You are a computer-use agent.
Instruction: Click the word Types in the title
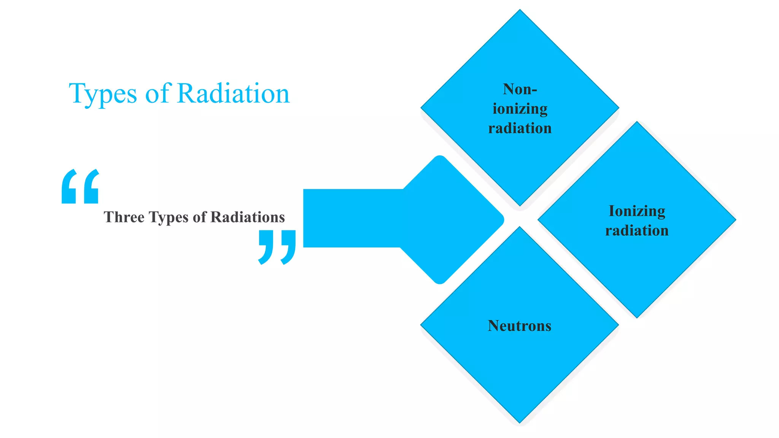pyautogui.click(x=103, y=94)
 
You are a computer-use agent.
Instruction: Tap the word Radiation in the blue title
pyautogui.click(x=233, y=93)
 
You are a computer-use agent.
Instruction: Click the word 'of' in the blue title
pyautogui.click(x=157, y=93)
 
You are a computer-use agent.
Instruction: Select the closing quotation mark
pyautogui.click(x=277, y=247)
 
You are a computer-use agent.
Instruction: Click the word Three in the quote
pyautogui.click(x=124, y=217)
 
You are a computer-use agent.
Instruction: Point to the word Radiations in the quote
pyautogui.click(x=248, y=217)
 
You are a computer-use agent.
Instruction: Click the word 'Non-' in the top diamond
pyautogui.click(x=520, y=89)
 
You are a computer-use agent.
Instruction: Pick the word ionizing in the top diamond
pyautogui.click(x=520, y=109)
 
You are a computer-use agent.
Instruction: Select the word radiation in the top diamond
pyautogui.click(x=520, y=129)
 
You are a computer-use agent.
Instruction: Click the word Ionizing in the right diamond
pyautogui.click(x=637, y=211)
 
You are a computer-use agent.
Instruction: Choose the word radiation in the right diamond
pyautogui.click(x=637, y=231)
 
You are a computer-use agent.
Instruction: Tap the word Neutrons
pyautogui.click(x=520, y=326)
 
